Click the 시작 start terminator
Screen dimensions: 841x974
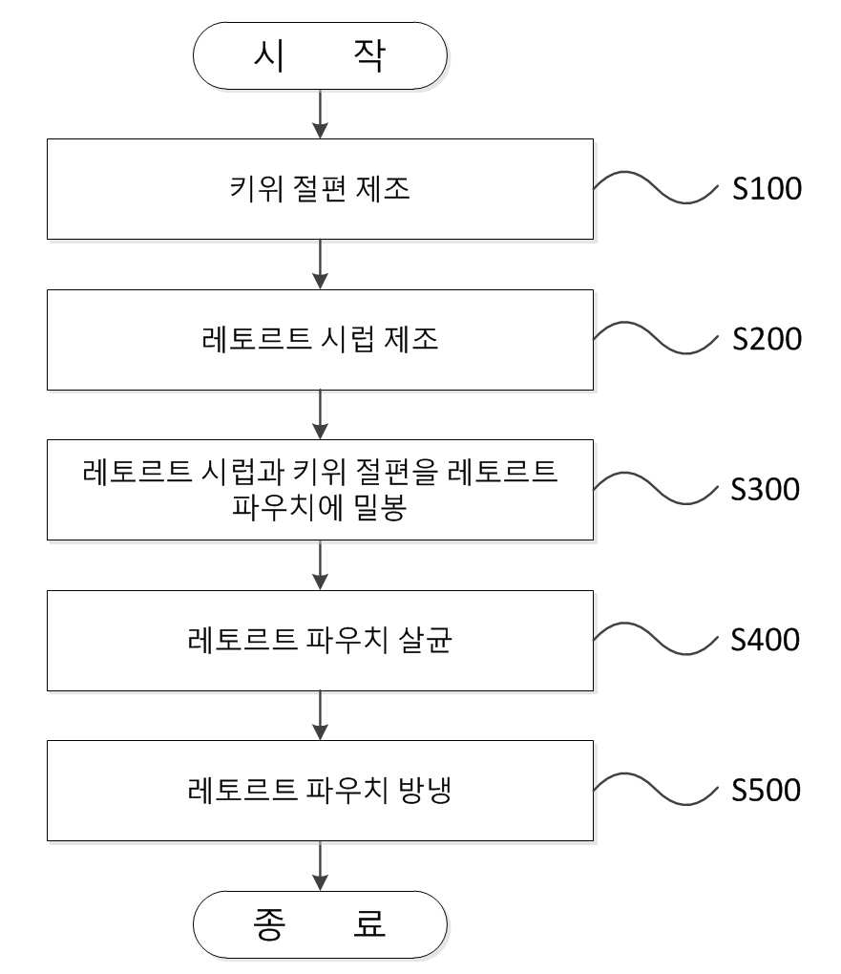point(320,56)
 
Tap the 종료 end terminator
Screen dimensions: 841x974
point(320,924)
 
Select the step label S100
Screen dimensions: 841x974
point(767,188)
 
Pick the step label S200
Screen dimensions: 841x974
point(767,339)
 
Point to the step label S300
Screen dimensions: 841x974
point(766,490)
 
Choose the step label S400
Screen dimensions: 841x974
point(766,640)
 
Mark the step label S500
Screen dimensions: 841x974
point(766,790)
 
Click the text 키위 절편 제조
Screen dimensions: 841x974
point(320,188)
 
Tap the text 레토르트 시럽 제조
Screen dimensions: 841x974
point(320,339)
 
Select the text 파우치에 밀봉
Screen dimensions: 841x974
point(319,507)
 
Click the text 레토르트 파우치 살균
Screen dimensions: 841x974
point(320,640)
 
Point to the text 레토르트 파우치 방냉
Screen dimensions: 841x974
point(320,790)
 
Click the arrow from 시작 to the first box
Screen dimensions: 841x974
point(320,115)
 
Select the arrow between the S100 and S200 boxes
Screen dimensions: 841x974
point(320,265)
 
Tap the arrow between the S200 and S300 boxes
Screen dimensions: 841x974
point(320,415)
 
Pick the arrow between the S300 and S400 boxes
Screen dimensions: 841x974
point(320,565)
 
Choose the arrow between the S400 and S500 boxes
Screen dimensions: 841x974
point(320,715)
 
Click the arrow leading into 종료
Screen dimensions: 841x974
point(320,866)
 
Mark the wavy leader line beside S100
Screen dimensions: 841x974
point(656,187)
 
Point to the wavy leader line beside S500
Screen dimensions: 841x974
point(656,790)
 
